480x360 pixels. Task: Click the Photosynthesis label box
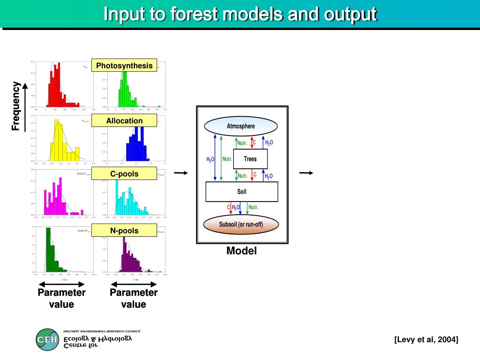(124, 66)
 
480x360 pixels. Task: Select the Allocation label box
(124, 121)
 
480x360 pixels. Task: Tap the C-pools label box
(124, 174)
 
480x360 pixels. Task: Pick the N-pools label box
(124, 231)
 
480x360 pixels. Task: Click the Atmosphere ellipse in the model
(241, 126)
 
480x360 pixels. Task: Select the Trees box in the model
(250, 159)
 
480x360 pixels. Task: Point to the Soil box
(242, 191)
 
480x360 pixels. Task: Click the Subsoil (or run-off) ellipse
(241, 225)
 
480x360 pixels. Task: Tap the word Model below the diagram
(241, 251)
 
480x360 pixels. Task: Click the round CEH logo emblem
(47, 339)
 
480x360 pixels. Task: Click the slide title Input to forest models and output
(240, 14)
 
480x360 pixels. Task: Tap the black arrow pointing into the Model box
(180, 173)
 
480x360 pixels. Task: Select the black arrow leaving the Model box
(306, 173)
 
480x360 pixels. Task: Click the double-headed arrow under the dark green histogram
(61, 284)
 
